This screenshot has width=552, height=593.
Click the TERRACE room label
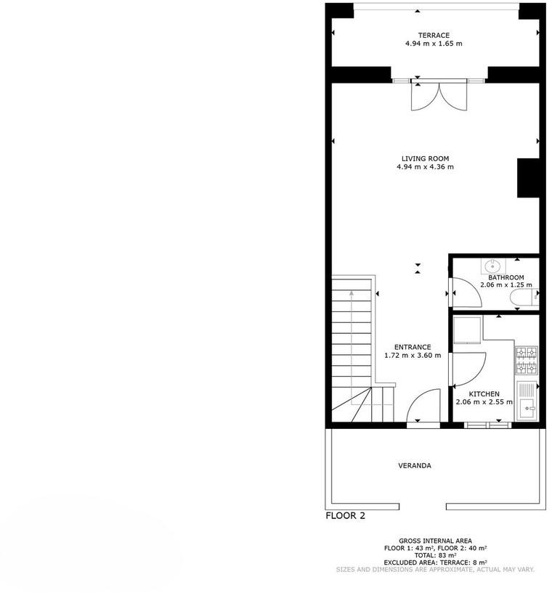pos(434,35)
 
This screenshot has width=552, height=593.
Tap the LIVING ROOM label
pos(425,158)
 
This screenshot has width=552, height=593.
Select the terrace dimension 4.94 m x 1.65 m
pos(434,44)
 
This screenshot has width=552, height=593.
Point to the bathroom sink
pos(493,266)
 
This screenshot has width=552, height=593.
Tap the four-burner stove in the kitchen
pos(527,361)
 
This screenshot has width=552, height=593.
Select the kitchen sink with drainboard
pos(527,400)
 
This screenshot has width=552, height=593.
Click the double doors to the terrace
pos(439,97)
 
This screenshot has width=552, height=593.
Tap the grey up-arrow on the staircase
pos(352,347)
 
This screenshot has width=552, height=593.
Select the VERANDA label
pos(415,465)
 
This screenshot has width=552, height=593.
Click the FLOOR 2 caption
pos(346,516)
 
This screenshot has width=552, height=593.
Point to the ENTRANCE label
pos(413,347)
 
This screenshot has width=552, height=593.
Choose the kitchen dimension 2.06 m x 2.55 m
pos(484,402)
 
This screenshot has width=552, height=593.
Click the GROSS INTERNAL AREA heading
pos(435,541)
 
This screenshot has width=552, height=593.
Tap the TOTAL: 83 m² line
pos(435,555)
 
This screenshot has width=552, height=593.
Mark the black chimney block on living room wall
pos(528,178)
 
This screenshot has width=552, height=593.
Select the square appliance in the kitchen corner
pos(468,330)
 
